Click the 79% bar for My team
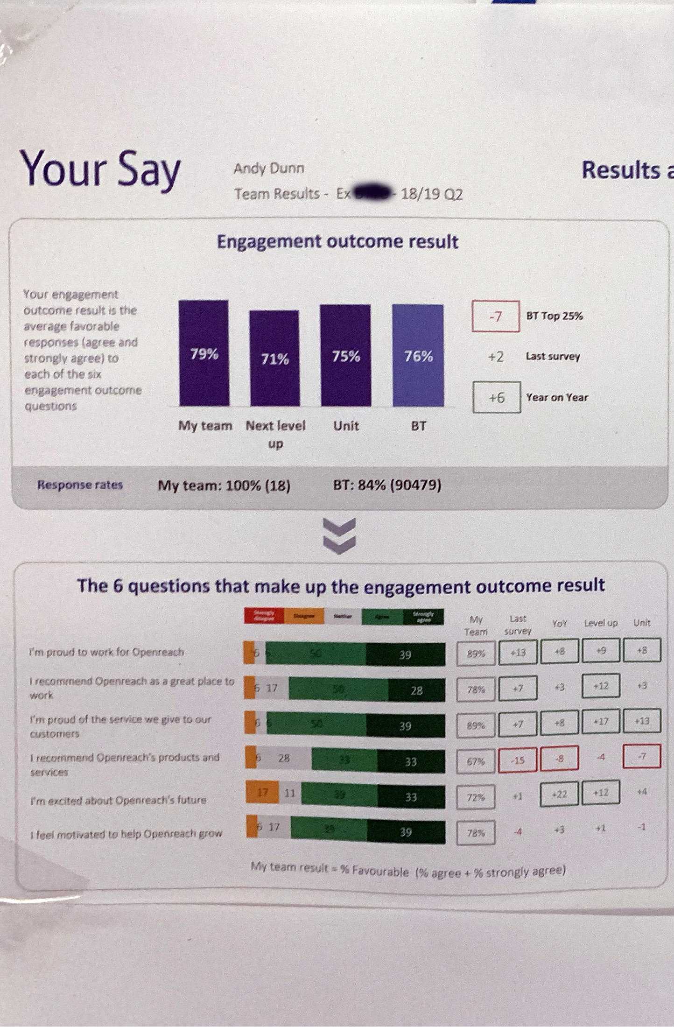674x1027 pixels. (x=204, y=353)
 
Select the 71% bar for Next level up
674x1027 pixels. (x=274, y=358)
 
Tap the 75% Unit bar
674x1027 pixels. (x=345, y=355)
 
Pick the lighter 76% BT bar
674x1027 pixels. (x=418, y=355)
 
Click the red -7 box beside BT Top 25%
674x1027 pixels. (x=496, y=317)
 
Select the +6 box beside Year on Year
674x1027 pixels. (x=497, y=397)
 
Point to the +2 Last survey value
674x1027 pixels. (x=496, y=357)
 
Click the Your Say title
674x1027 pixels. (x=100, y=169)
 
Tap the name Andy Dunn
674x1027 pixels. (x=269, y=168)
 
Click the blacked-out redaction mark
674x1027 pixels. (x=372, y=192)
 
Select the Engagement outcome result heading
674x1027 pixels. (x=337, y=242)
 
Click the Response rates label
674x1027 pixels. (x=80, y=485)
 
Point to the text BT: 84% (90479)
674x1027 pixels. (x=387, y=485)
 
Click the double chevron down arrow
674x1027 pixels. (x=339, y=536)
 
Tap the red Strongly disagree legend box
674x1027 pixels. (x=264, y=616)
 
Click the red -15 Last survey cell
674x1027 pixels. (x=518, y=760)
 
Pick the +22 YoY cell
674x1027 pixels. (x=559, y=794)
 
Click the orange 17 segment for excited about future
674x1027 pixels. (x=262, y=792)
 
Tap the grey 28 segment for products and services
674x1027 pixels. (x=284, y=758)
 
